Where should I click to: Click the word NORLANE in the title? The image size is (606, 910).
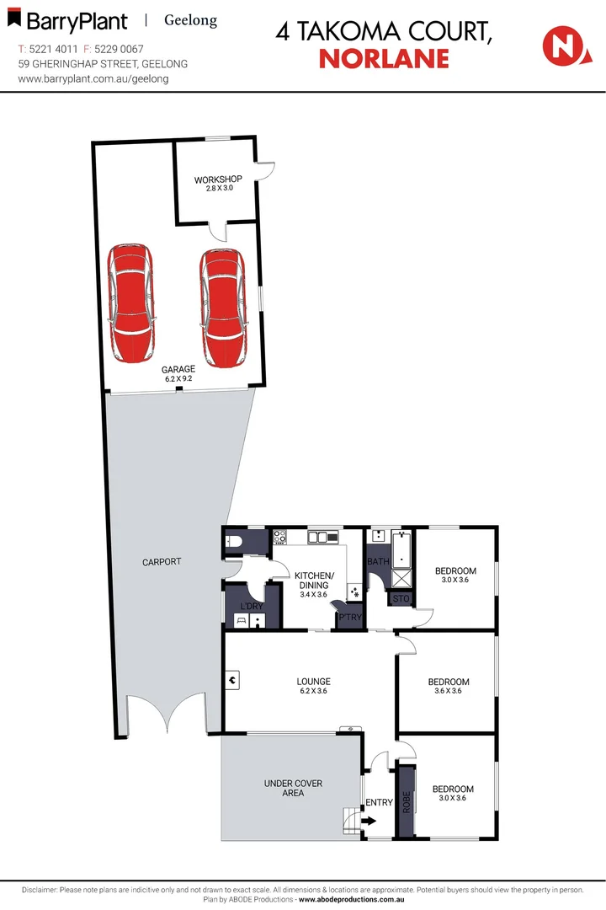[383, 58]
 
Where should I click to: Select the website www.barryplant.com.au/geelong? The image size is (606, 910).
[93, 78]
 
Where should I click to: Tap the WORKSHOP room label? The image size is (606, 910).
[218, 179]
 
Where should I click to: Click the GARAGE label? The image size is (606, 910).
[178, 369]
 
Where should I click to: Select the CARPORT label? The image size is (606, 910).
[162, 562]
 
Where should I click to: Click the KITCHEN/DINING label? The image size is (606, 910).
[314, 581]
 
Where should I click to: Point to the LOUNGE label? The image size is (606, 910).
[313, 682]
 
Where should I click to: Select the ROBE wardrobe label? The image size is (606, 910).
[407, 800]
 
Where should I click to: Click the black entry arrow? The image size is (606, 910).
[368, 819]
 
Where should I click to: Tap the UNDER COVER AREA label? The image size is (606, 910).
[293, 788]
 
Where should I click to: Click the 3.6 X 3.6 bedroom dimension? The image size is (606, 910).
[448, 692]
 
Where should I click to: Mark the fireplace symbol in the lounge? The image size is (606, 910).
[231, 677]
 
